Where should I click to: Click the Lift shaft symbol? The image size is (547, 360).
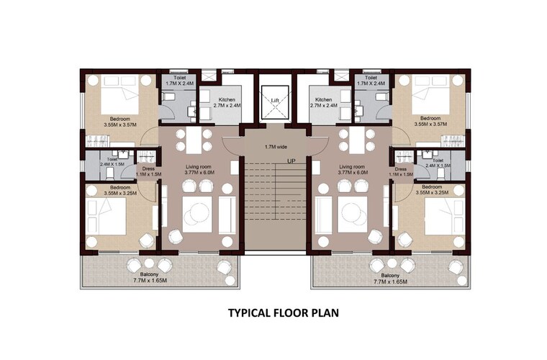point(274,102)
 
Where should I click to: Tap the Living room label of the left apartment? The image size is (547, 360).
point(200,169)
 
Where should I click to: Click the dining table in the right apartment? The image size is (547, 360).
point(358,140)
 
